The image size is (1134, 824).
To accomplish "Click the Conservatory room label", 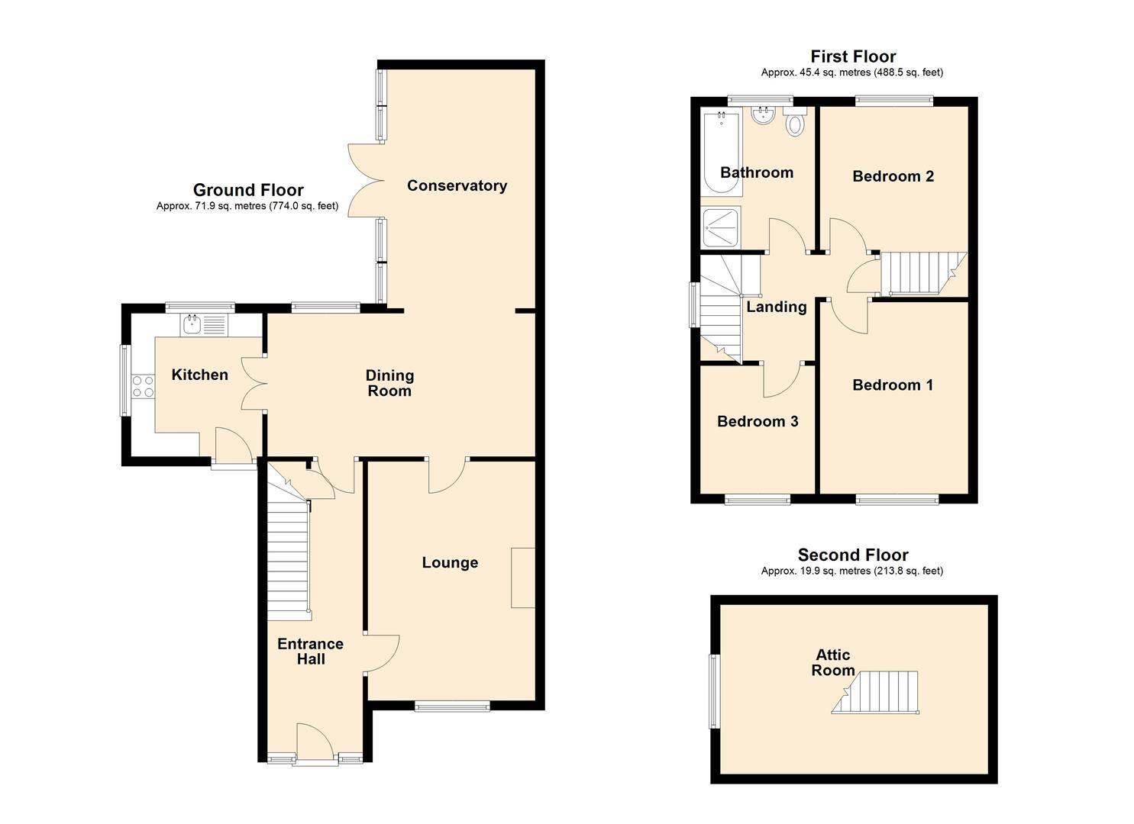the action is [x=457, y=185].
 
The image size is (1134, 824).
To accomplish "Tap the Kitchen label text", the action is [x=199, y=375].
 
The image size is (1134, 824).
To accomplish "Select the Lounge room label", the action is [x=450, y=562].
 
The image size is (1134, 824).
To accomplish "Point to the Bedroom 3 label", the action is [x=758, y=421].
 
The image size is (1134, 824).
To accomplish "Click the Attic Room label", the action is [x=833, y=663].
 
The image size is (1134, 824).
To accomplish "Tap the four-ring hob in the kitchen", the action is [x=143, y=386].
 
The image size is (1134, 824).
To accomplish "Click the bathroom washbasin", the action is [x=762, y=115].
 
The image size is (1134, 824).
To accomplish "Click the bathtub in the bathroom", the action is [x=722, y=154].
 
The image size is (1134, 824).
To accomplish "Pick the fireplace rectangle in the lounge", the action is [x=523, y=577].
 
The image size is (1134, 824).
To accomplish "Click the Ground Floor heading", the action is [x=248, y=190].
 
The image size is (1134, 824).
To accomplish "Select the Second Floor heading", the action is [x=853, y=555].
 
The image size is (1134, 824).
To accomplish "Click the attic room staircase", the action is [x=875, y=693].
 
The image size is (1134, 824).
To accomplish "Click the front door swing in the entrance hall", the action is [x=315, y=742].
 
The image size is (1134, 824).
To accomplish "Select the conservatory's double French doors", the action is [x=366, y=181].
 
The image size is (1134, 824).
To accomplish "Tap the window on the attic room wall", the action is [x=714, y=691].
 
